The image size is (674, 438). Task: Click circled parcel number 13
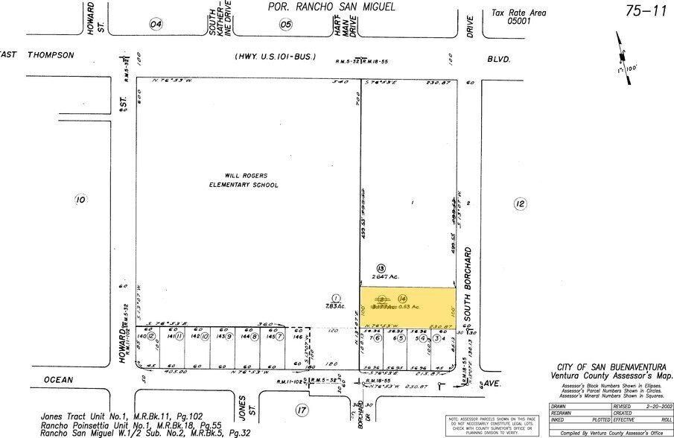381,267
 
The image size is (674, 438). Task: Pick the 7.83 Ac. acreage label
337,305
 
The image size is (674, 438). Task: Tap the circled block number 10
81,199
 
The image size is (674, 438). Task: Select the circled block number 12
520,203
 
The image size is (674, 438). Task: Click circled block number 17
301,410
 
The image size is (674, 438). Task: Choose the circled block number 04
156,24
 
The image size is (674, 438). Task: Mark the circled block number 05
286,24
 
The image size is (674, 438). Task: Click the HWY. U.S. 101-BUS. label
275,57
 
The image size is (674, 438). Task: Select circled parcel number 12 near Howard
151,337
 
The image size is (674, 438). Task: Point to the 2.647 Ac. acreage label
388,276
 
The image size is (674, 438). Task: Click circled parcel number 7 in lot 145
279,337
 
